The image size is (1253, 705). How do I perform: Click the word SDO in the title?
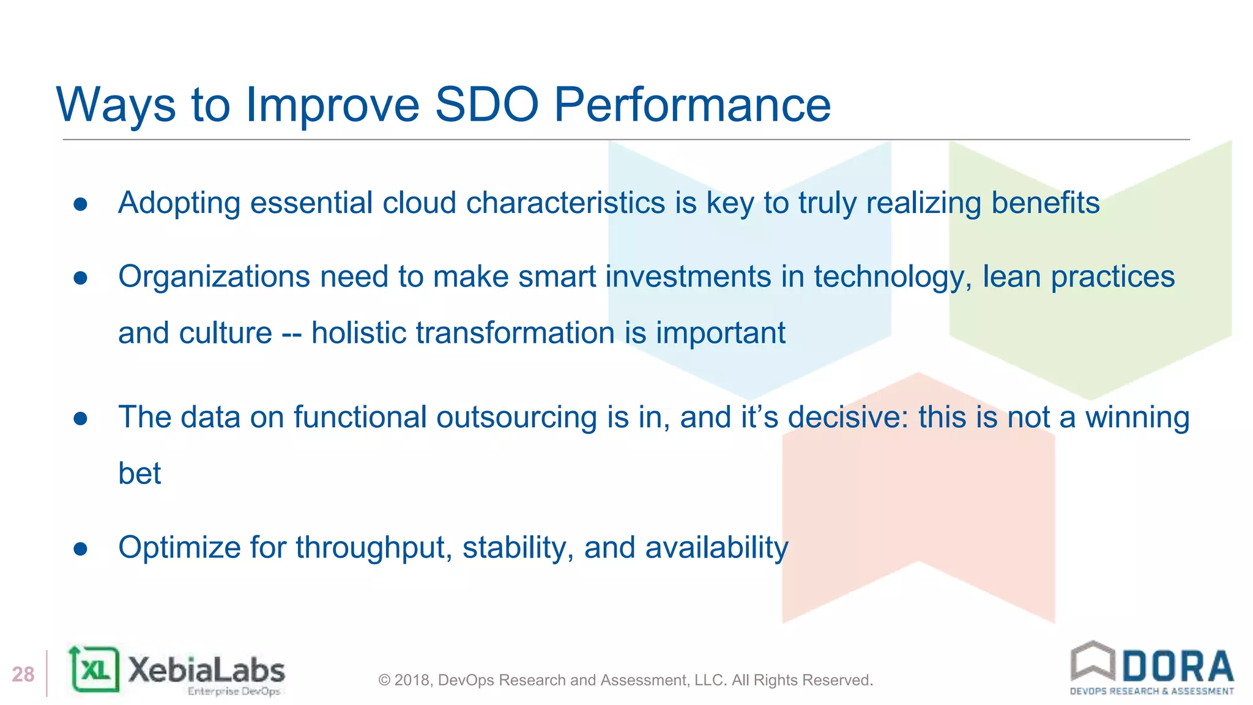click(x=486, y=105)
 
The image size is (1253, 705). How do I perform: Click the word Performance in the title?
click(x=692, y=105)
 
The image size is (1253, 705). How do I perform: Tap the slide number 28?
click(x=23, y=674)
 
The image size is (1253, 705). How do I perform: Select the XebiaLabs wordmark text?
click(x=207, y=670)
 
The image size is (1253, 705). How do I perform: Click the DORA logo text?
click(x=1178, y=667)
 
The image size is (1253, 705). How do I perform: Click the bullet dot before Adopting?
click(x=81, y=204)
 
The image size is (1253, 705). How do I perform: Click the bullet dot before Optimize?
click(x=81, y=548)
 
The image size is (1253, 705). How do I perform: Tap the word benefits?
click(x=1045, y=203)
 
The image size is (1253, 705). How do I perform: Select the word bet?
click(x=139, y=473)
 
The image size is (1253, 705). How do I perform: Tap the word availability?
click(x=716, y=547)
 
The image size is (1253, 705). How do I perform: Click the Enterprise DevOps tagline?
click(x=234, y=692)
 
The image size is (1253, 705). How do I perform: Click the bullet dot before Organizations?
click(x=81, y=278)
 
